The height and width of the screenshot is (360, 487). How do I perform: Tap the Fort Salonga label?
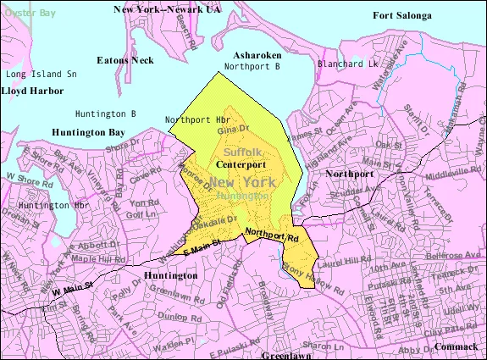tap(401, 15)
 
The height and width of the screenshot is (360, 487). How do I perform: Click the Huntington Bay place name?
tap(87, 132)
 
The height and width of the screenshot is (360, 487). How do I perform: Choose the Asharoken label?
tap(257, 54)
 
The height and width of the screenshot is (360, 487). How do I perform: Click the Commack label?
tap(457, 346)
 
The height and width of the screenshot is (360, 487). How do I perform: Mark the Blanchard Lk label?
tap(347, 64)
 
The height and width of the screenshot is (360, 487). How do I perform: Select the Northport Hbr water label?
tap(197, 119)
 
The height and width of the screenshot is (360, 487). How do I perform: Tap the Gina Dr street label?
tap(252, 130)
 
